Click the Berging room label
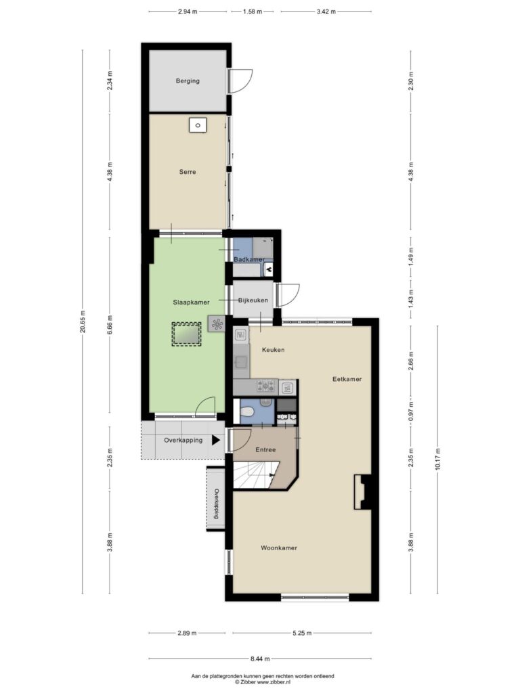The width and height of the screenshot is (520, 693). (188, 81)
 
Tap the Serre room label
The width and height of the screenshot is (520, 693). (188, 172)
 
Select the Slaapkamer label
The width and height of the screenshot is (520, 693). (191, 303)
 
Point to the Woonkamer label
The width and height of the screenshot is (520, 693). (278, 548)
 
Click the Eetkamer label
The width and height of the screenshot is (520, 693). (347, 379)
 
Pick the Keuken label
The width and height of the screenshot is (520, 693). (274, 350)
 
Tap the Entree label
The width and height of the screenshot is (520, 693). (265, 450)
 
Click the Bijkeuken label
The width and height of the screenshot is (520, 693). (253, 300)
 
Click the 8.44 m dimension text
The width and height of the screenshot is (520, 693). (260, 659)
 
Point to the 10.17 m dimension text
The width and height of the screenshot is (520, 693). (438, 460)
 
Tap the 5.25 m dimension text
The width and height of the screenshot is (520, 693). (302, 633)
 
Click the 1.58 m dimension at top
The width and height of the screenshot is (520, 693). (253, 12)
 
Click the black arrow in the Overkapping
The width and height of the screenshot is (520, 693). (216, 440)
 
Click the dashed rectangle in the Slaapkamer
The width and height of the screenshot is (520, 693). (186, 334)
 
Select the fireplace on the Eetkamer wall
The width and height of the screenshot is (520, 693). (363, 492)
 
